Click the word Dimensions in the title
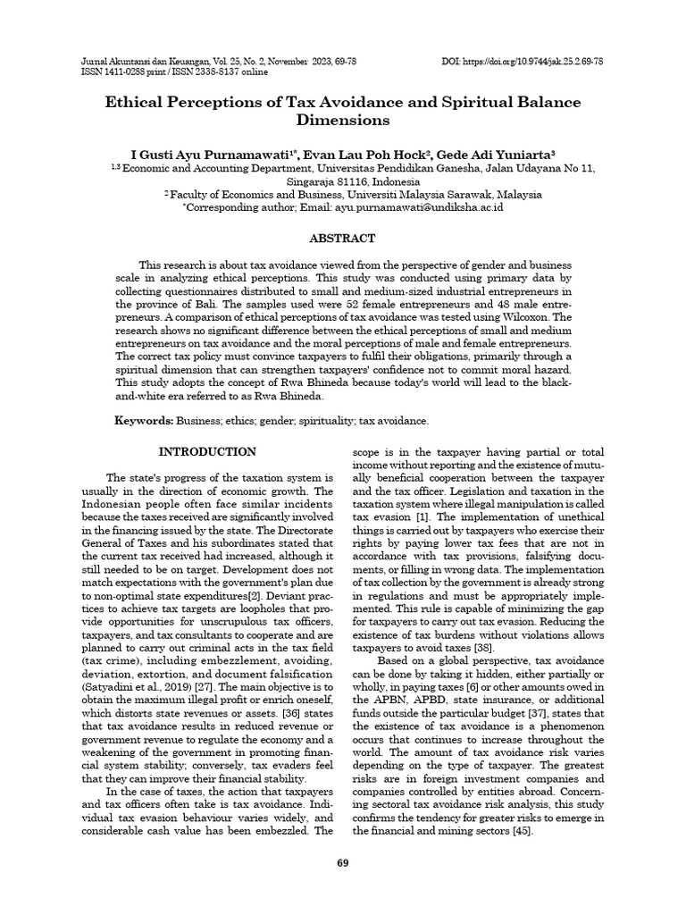(x=343, y=119)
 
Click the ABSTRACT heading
(x=342, y=238)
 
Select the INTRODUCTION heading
(x=207, y=452)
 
